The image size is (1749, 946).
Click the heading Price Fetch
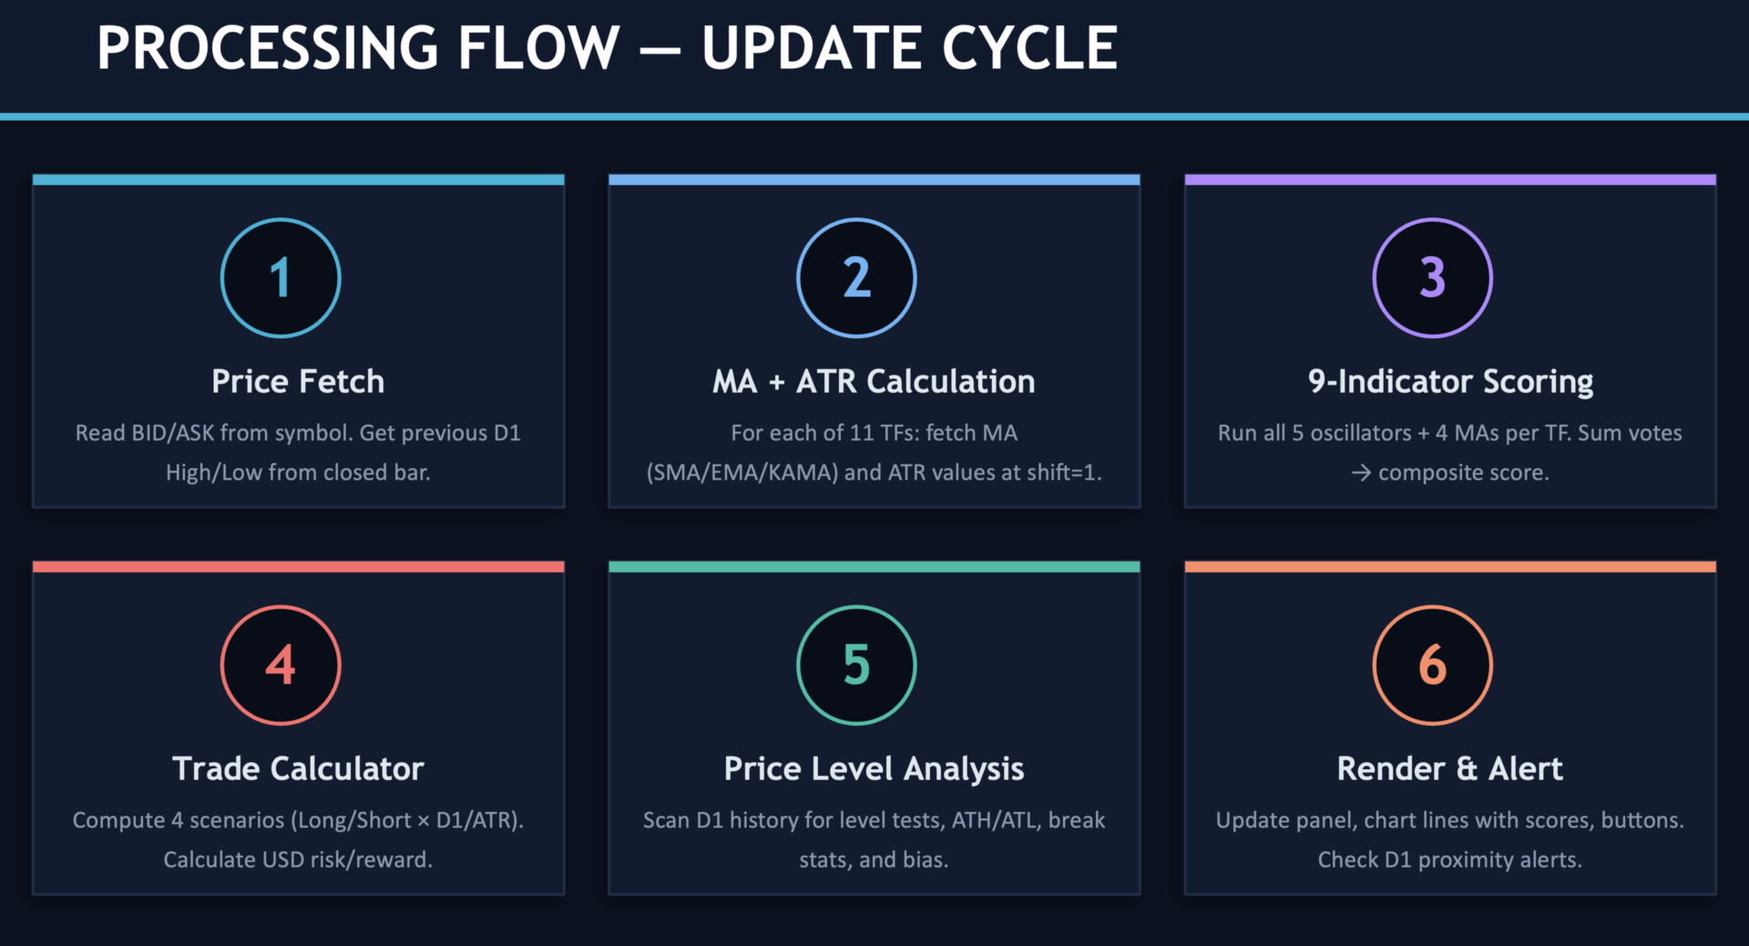(x=298, y=381)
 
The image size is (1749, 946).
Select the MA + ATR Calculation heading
(x=874, y=381)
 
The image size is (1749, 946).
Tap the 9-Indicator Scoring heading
(x=1450, y=382)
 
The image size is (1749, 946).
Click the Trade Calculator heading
(x=298, y=768)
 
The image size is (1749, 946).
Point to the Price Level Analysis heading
(x=874, y=769)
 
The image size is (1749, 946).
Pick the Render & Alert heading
(x=1449, y=768)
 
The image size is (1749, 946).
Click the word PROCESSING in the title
(x=268, y=47)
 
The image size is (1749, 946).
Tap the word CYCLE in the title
(x=1029, y=47)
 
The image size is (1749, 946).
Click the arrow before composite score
(x=1361, y=473)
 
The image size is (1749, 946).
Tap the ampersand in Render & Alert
(x=1467, y=768)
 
